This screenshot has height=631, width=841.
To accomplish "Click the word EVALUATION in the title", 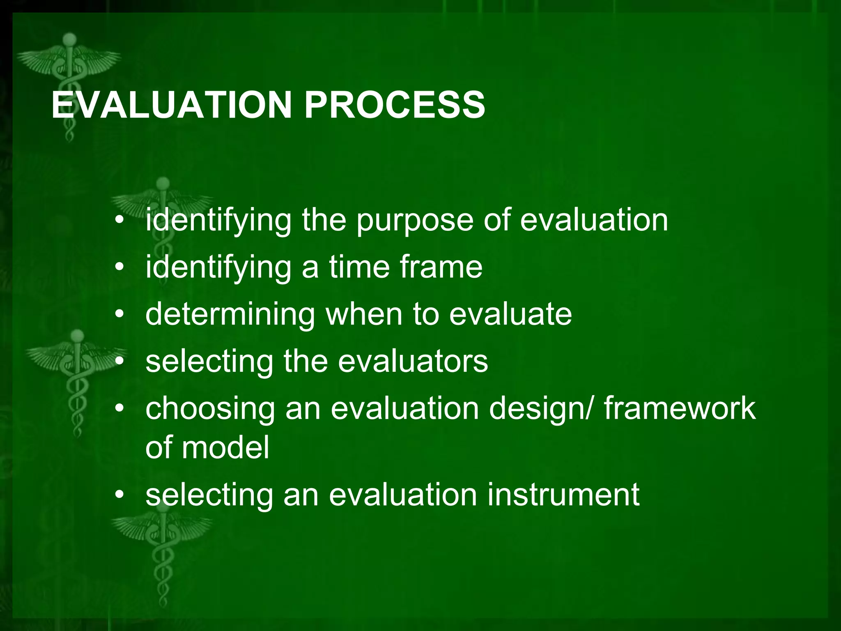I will pos(171,105).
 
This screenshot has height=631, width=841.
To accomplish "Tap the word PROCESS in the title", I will pos(394,105).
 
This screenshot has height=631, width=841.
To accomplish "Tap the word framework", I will pos(679,408).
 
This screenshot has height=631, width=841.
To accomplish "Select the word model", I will pos(225,448).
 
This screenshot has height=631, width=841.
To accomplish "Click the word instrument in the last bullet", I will pos(563,495).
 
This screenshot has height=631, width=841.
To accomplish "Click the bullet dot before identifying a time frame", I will pos(119,268).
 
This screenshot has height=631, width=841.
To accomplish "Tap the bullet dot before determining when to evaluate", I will pos(119,315).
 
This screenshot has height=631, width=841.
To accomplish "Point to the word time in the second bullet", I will pos(359,267).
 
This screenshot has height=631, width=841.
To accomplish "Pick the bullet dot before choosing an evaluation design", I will pos(119,409).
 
